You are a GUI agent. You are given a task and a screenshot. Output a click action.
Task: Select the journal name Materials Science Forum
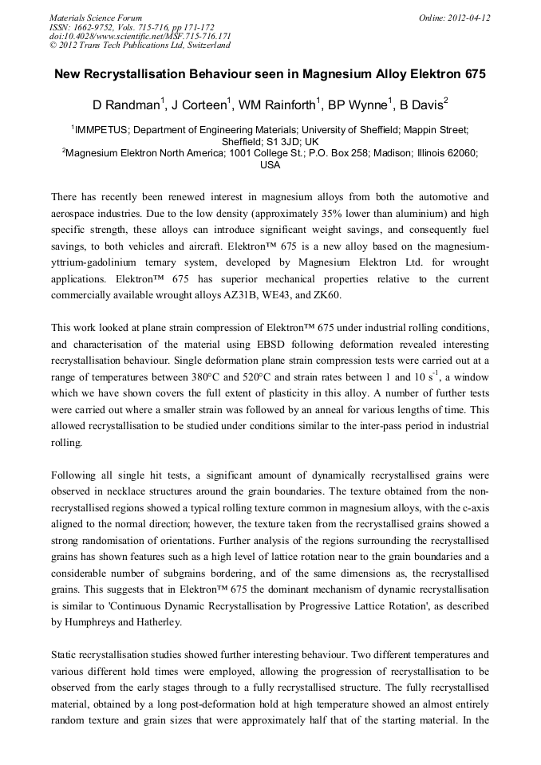96,18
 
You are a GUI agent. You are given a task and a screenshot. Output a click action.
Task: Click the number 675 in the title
472,73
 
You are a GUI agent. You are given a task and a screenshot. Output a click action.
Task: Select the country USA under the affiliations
270,165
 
